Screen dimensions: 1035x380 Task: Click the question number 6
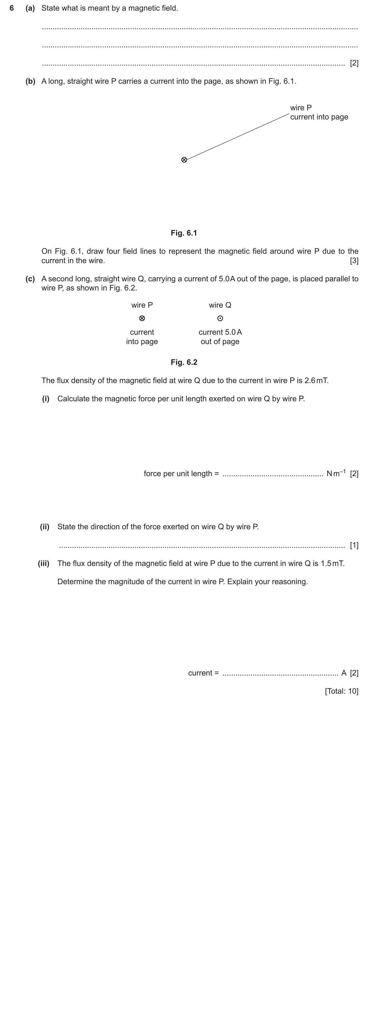(x=12, y=8)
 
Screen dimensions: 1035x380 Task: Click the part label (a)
(x=30, y=8)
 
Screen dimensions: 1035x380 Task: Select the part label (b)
(x=30, y=81)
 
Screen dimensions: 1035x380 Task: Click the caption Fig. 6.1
(x=184, y=233)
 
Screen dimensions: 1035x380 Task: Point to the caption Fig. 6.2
(x=184, y=362)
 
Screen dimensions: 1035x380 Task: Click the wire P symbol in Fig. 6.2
(x=142, y=319)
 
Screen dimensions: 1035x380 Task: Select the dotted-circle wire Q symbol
(x=220, y=319)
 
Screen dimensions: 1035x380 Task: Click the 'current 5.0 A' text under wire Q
(x=220, y=332)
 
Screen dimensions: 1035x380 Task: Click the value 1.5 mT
(x=332, y=563)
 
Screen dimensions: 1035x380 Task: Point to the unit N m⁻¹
(x=336, y=473)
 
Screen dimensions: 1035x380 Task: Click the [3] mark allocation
(x=354, y=261)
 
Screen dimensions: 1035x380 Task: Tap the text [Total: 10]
(x=341, y=691)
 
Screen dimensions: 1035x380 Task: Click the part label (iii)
(x=43, y=563)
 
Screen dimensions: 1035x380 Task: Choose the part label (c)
(x=30, y=279)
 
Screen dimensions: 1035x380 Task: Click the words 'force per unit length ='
(x=181, y=474)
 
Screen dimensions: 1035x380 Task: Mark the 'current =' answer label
(x=203, y=673)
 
